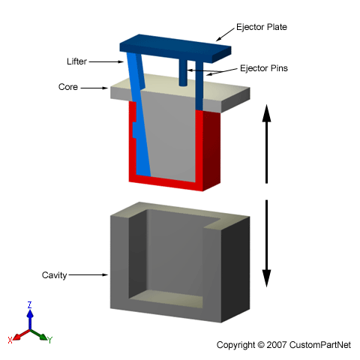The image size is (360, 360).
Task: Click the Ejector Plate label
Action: pos(262,27)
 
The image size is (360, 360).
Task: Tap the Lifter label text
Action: pos(76,61)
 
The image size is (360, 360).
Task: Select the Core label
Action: pos(68,87)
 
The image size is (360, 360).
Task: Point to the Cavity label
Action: pos(54,275)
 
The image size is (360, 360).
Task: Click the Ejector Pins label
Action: pos(264,68)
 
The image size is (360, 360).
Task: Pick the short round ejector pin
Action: pos(183,73)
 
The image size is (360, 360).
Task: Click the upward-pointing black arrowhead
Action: pos(266,113)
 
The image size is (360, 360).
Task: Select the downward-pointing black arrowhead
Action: pos(266,278)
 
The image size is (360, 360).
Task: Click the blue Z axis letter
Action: pos(30,305)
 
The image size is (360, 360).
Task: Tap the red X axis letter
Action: pos(10,340)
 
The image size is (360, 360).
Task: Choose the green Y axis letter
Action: pos(49,340)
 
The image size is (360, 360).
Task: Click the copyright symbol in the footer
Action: pos(261,345)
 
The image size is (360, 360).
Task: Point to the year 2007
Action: pos(277,345)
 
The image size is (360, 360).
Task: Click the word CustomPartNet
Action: pos(320,345)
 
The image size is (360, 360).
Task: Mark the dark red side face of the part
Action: pos(211,150)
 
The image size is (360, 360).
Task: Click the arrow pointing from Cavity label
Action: pos(88,274)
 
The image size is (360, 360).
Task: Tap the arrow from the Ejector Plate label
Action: pos(226,34)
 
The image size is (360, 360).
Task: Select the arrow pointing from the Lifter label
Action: pos(106,61)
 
